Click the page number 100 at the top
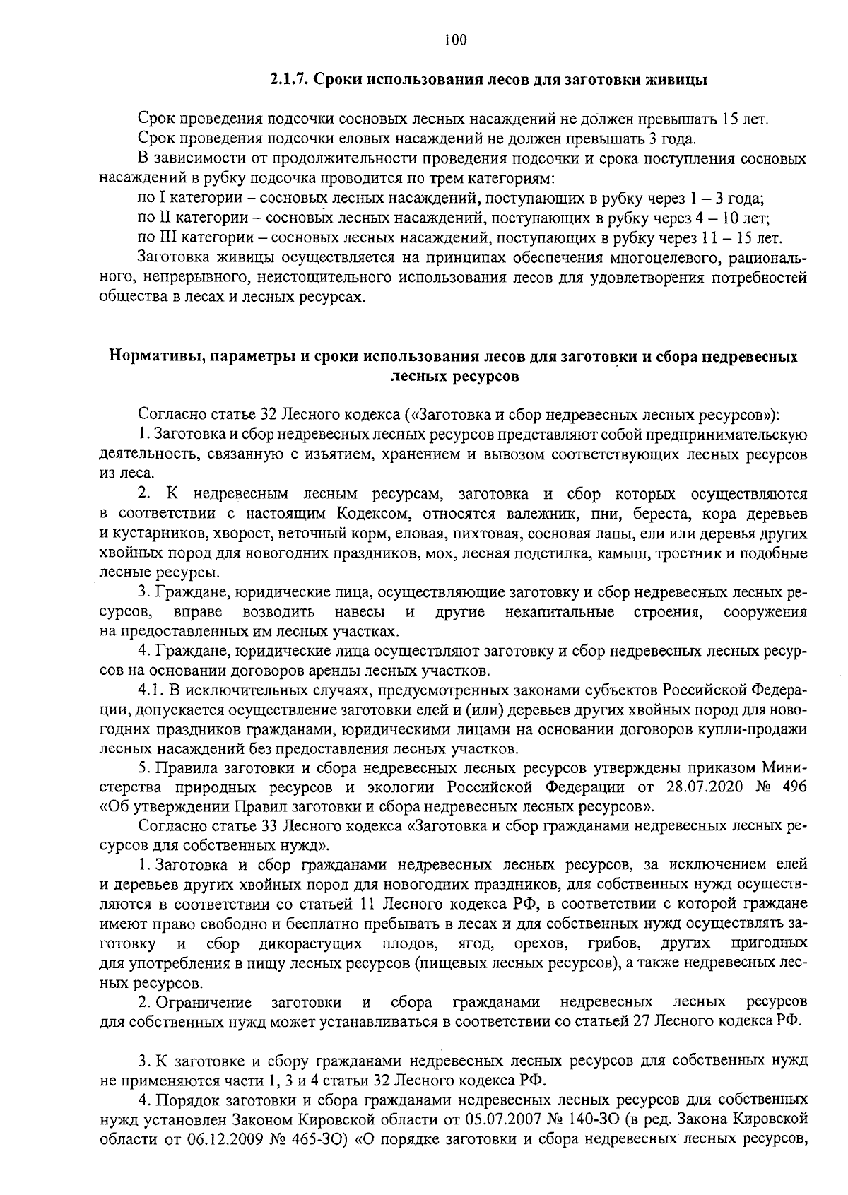[x=455, y=40]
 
